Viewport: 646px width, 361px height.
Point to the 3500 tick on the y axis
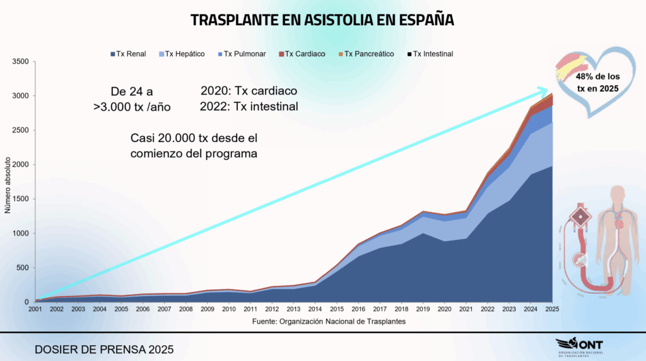(x=20, y=62)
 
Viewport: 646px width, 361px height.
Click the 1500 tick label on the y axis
(x=20, y=199)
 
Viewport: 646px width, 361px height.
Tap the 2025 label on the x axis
(x=552, y=309)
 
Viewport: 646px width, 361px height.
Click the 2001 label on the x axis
(x=35, y=309)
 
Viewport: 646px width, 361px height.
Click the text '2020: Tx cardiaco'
(x=249, y=91)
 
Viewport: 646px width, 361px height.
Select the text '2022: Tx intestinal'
(x=249, y=107)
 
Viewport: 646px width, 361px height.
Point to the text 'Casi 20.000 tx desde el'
(x=194, y=138)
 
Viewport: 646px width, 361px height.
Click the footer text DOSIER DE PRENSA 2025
(x=103, y=349)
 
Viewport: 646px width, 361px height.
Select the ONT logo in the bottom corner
(x=579, y=347)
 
